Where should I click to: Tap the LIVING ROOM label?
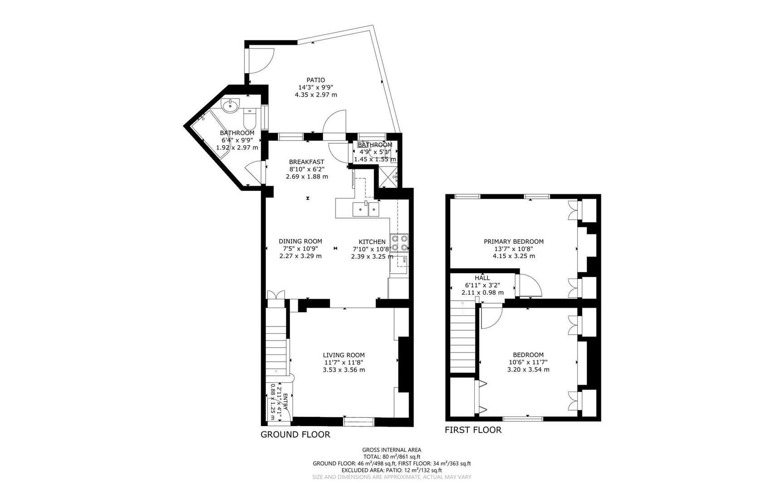pyautogui.click(x=344, y=355)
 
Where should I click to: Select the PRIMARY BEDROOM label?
pyautogui.click(x=513, y=242)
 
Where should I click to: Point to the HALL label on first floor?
pyautogui.click(x=482, y=278)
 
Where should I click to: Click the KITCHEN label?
pyautogui.click(x=372, y=242)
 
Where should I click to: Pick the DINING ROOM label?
pyautogui.click(x=300, y=241)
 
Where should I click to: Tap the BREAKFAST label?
pyautogui.click(x=307, y=162)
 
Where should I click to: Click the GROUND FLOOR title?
pyautogui.click(x=295, y=435)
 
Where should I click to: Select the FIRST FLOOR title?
pyautogui.click(x=473, y=430)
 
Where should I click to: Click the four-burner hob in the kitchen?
pyautogui.click(x=399, y=243)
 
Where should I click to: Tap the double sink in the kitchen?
pyautogui.click(x=366, y=210)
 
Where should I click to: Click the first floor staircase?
pyautogui.click(x=463, y=338)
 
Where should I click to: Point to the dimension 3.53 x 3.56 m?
pyautogui.click(x=344, y=370)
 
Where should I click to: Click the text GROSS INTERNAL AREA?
pyautogui.click(x=392, y=450)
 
